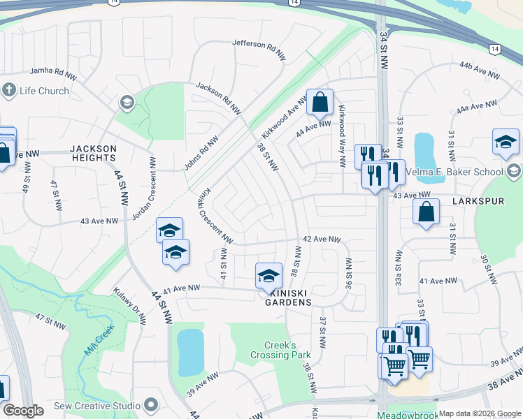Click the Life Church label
44,91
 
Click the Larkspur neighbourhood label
478,200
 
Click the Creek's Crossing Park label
280,350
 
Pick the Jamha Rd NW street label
55,71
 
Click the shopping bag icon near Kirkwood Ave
320,102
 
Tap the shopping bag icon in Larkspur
426,212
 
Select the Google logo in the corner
23,411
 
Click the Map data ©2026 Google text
480,413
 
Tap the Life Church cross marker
9,90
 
